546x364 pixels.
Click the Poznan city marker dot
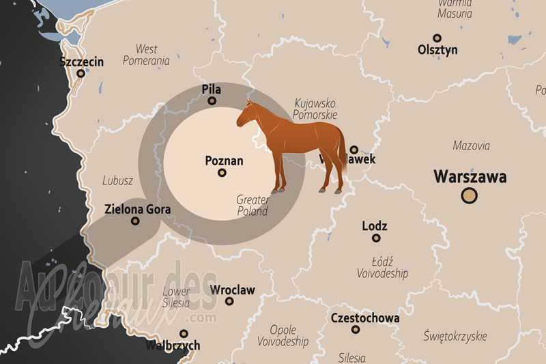222,173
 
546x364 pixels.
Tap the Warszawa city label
470,178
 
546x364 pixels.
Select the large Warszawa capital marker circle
470,197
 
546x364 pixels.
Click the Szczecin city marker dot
81,74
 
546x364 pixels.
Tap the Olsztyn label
437,50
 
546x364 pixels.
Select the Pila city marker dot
212,101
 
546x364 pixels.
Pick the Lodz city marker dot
375,238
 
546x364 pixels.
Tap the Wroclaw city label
233,290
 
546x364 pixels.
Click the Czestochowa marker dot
356,330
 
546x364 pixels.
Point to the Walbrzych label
173,346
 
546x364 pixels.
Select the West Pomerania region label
146,55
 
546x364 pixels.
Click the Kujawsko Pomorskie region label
315,109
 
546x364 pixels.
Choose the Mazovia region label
472,145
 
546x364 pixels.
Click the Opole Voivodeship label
283,335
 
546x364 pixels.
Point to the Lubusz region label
117,182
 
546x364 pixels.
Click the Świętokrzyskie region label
455,336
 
